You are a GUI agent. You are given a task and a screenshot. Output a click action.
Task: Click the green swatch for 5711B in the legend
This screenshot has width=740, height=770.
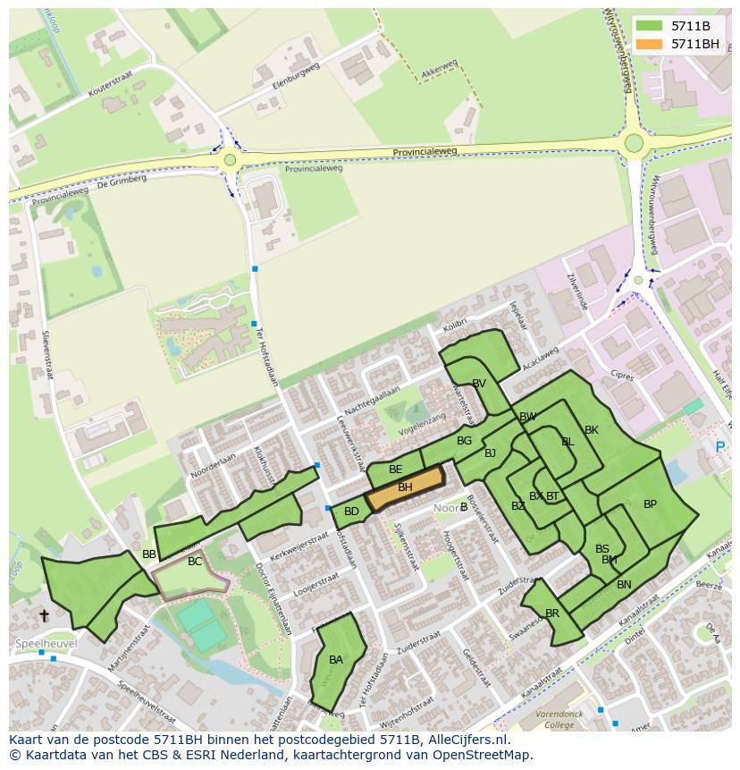pyautogui.click(x=650, y=26)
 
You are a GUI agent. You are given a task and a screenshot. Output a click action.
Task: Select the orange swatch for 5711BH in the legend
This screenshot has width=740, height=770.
pyautogui.click(x=650, y=44)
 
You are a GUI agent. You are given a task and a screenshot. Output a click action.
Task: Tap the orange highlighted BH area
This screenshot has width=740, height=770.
pyautogui.click(x=405, y=487)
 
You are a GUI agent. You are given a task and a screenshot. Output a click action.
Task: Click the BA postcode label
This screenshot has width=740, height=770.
pyautogui.click(x=336, y=660)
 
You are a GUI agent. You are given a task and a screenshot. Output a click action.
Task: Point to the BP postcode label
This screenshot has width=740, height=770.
pyautogui.click(x=650, y=504)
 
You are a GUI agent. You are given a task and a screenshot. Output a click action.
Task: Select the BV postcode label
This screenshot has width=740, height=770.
pyautogui.click(x=479, y=384)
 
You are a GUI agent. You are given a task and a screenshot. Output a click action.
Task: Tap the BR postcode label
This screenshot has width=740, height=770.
pyautogui.click(x=552, y=613)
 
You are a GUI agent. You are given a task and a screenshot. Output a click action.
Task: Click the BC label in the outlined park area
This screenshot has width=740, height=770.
pyautogui.click(x=195, y=562)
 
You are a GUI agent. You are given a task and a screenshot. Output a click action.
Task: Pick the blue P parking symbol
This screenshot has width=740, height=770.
pyautogui.click(x=720, y=447)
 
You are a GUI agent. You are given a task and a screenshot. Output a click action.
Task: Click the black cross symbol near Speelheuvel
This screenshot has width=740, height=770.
pyautogui.click(x=44, y=615)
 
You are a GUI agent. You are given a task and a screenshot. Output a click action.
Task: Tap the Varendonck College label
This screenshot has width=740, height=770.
pyautogui.click(x=559, y=719)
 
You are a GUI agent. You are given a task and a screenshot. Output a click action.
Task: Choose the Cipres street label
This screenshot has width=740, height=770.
pyautogui.click(x=621, y=376)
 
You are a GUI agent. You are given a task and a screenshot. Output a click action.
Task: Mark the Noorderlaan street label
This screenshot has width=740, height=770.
pyautogui.click(x=210, y=467)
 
